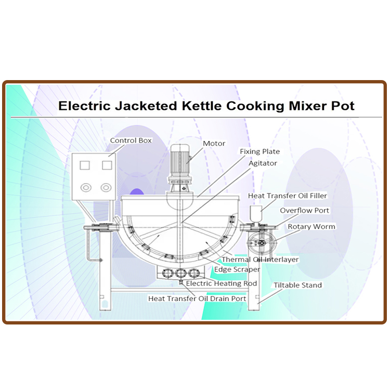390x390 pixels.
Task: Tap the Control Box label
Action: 131,140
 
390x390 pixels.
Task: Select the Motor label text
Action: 214,144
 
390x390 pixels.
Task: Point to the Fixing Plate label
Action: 259,151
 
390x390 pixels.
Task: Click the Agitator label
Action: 263,163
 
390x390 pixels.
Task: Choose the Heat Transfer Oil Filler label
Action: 288,196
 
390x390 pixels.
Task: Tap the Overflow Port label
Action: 304,211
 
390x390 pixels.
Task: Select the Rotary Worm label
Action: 311,227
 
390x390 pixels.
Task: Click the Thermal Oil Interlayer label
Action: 260,259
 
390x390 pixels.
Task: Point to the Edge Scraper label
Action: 237,269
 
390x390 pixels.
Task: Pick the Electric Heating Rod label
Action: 222,283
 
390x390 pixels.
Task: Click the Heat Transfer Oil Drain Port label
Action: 197,298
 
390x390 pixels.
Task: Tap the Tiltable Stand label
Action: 298,285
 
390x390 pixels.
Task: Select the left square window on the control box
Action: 85,165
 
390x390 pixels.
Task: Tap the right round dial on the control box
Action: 106,188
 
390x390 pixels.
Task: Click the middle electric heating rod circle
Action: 181,274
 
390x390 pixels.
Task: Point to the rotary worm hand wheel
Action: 262,243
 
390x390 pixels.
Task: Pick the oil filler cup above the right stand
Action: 256,214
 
